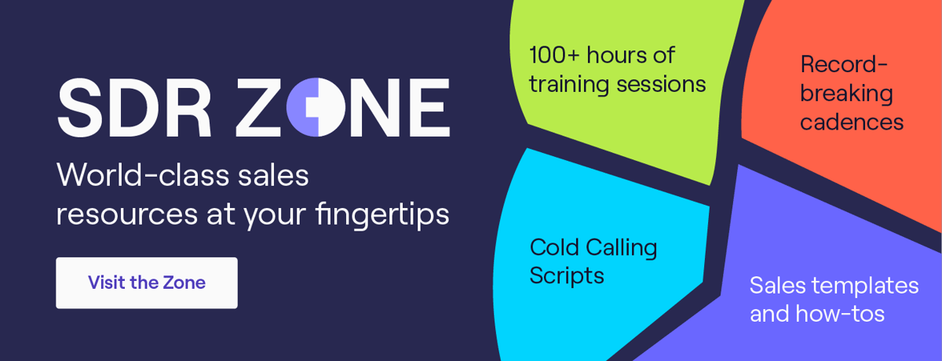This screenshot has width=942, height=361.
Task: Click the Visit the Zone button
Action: point(147,283)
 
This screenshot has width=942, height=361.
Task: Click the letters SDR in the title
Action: point(134,108)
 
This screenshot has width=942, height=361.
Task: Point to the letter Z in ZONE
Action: point(257,108)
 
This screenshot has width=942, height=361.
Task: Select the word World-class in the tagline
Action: point(141,176)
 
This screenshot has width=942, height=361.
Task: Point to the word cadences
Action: point(852,122)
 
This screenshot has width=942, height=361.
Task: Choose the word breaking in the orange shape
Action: point(846,94)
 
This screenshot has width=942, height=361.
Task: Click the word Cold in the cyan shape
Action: point(555,247)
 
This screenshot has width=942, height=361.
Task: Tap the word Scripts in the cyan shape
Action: point(567,275)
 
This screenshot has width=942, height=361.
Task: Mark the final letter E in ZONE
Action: point(429,108)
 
